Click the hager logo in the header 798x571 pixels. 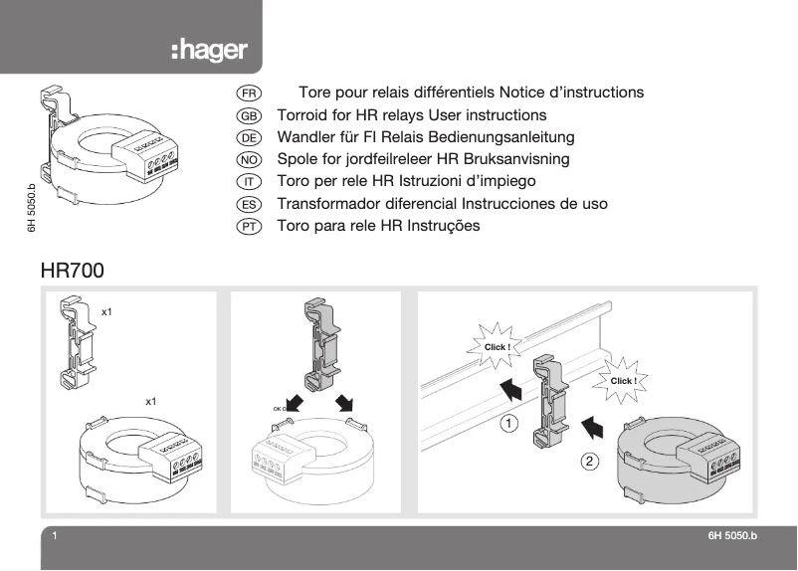(x=209, y=51)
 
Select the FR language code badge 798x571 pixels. (x=249, y=93)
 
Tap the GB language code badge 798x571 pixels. (x=249, y=115)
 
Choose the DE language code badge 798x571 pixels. (x=249, y=137)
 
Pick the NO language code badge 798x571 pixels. (x=249, y=159)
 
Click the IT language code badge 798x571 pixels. (x=249, y=181)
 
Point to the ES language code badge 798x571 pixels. (x=249, y=204)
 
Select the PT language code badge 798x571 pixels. (x=249, y=226)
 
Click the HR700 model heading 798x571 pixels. (x=72, y=270)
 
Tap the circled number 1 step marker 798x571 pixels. (x=508, y=423)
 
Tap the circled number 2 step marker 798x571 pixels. (x=590, y=461)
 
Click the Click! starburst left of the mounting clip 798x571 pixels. (x=497, y=346)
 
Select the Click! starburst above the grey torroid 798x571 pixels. (x=623, y=380)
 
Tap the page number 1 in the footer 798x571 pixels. (x=55, y=537)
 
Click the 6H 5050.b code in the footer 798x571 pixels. (x=732, y=537)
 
